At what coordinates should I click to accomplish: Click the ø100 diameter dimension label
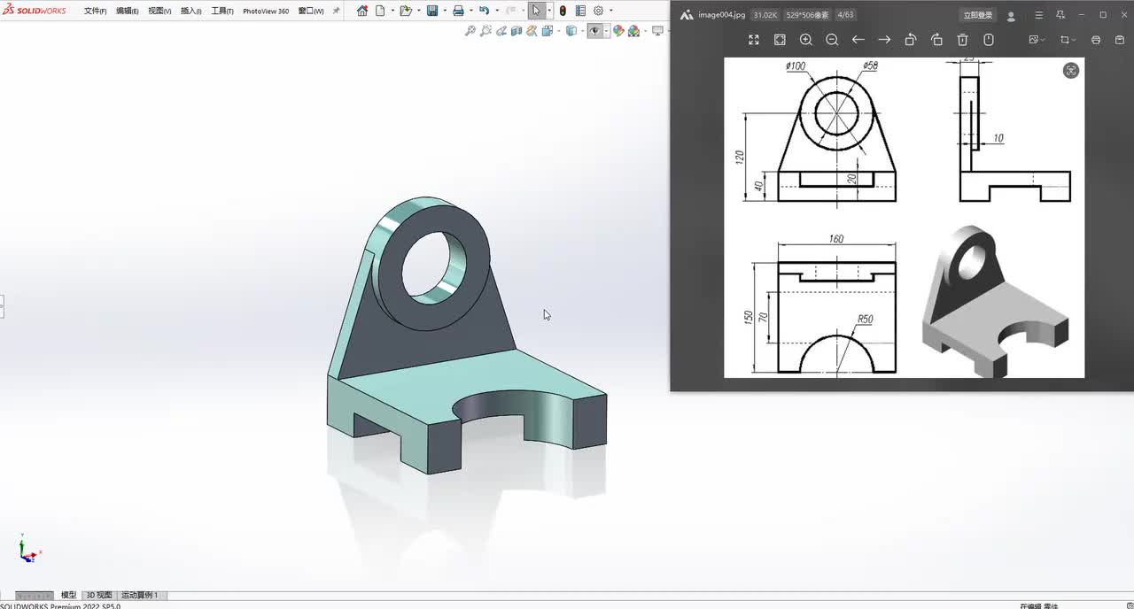click(x=796, y=66)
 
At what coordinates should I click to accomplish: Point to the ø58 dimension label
click(x=870, y=66)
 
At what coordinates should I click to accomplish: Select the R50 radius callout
click(x=865, y=320)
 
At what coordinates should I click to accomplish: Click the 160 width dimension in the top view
click(x=835, y=239)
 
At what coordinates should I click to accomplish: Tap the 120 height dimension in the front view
click(x=740, y=157)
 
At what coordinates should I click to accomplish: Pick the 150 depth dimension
click(x=748, y=316)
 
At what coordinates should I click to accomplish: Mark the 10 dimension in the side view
click(x=998, y=138)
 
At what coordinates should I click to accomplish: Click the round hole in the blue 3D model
click(x=433, y=265)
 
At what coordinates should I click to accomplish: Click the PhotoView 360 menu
click(x=266, y=12)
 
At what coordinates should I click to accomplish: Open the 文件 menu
click(x=95, y=12)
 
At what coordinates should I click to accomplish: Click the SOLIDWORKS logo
click(x=35, y=11)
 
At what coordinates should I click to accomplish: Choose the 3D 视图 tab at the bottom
click(x=99, y=595)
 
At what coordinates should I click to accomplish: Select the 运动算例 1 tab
click(x=140, y=595)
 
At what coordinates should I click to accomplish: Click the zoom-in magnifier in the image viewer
click(x=805, y=40)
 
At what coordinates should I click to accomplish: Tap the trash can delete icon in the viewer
click(x=962, y=40)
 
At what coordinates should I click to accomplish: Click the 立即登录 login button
click(x=978, y=15)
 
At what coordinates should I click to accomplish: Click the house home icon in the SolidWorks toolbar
click(x=361, y=11)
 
